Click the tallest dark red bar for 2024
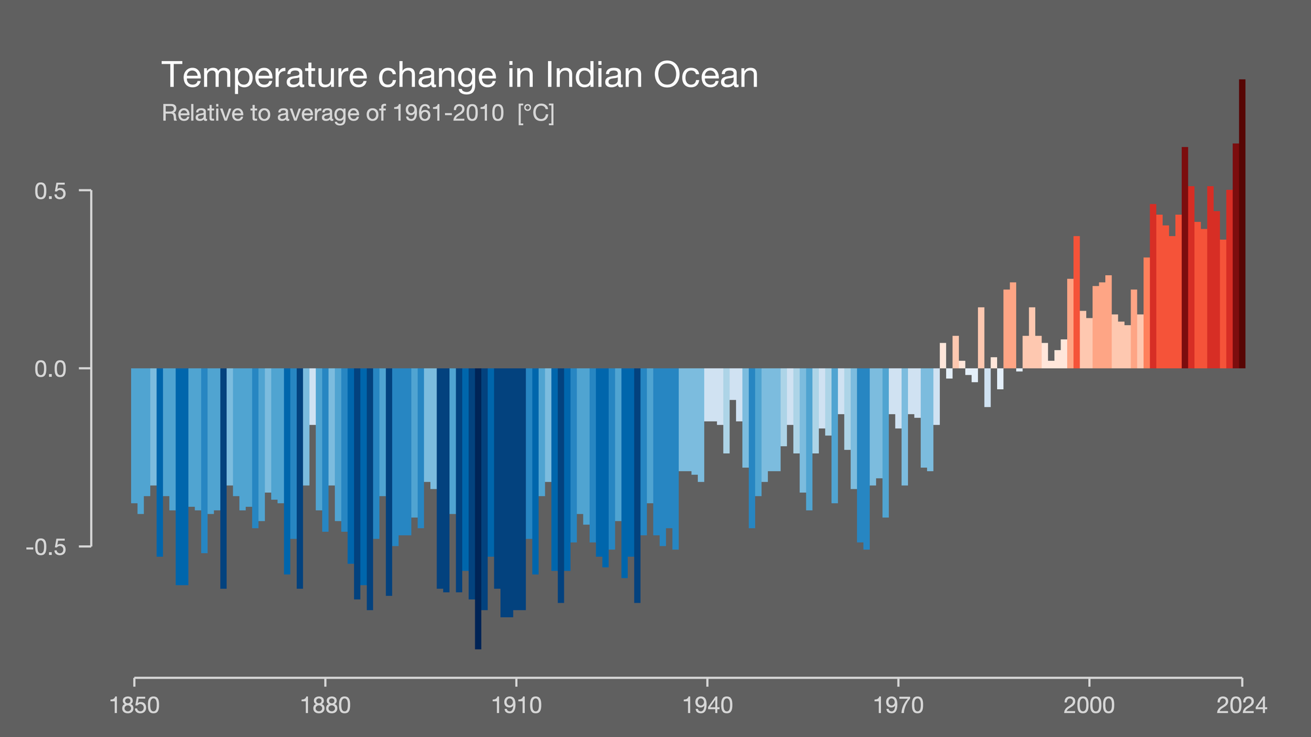1242,223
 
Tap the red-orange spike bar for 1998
1076,301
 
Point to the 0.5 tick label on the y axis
50,191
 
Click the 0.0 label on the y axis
50,369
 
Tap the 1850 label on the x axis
135,706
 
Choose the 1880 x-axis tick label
325,706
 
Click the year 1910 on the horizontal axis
516,706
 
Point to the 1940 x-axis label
707,706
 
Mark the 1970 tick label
897,706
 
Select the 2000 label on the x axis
1088,706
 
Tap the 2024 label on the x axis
1242,706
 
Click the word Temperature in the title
264,75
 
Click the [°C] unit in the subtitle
536,113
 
